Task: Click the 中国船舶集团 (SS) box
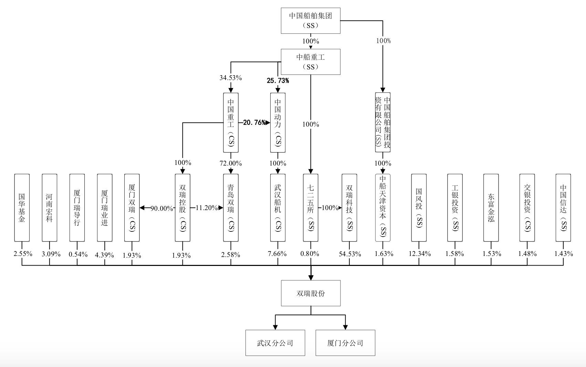[x=311, y=21]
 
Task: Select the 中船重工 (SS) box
[x=311, y=62]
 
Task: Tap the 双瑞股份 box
[x=311, y=293]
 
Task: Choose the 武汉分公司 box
[x=275, y=343]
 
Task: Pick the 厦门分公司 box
[x=345, y=343]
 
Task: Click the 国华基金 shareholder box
[x=22, y=208]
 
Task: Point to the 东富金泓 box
[x=491, y=208]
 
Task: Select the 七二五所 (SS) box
[x=311, y=208]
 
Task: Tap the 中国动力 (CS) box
[x=278, y=122]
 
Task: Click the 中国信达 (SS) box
[x=563, y=208]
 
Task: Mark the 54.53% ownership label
[x=350, y=254]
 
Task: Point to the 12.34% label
[x=419, y=254]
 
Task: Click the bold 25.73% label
[x=278, y=81]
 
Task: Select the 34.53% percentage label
[x=231, y=78]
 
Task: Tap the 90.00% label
[x=162, y=208]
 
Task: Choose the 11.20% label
[x=207, y=208]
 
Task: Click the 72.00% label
[x=231, y=163]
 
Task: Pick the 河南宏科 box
[x=50, y=208]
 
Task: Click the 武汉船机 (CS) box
[x=278, y=208]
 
